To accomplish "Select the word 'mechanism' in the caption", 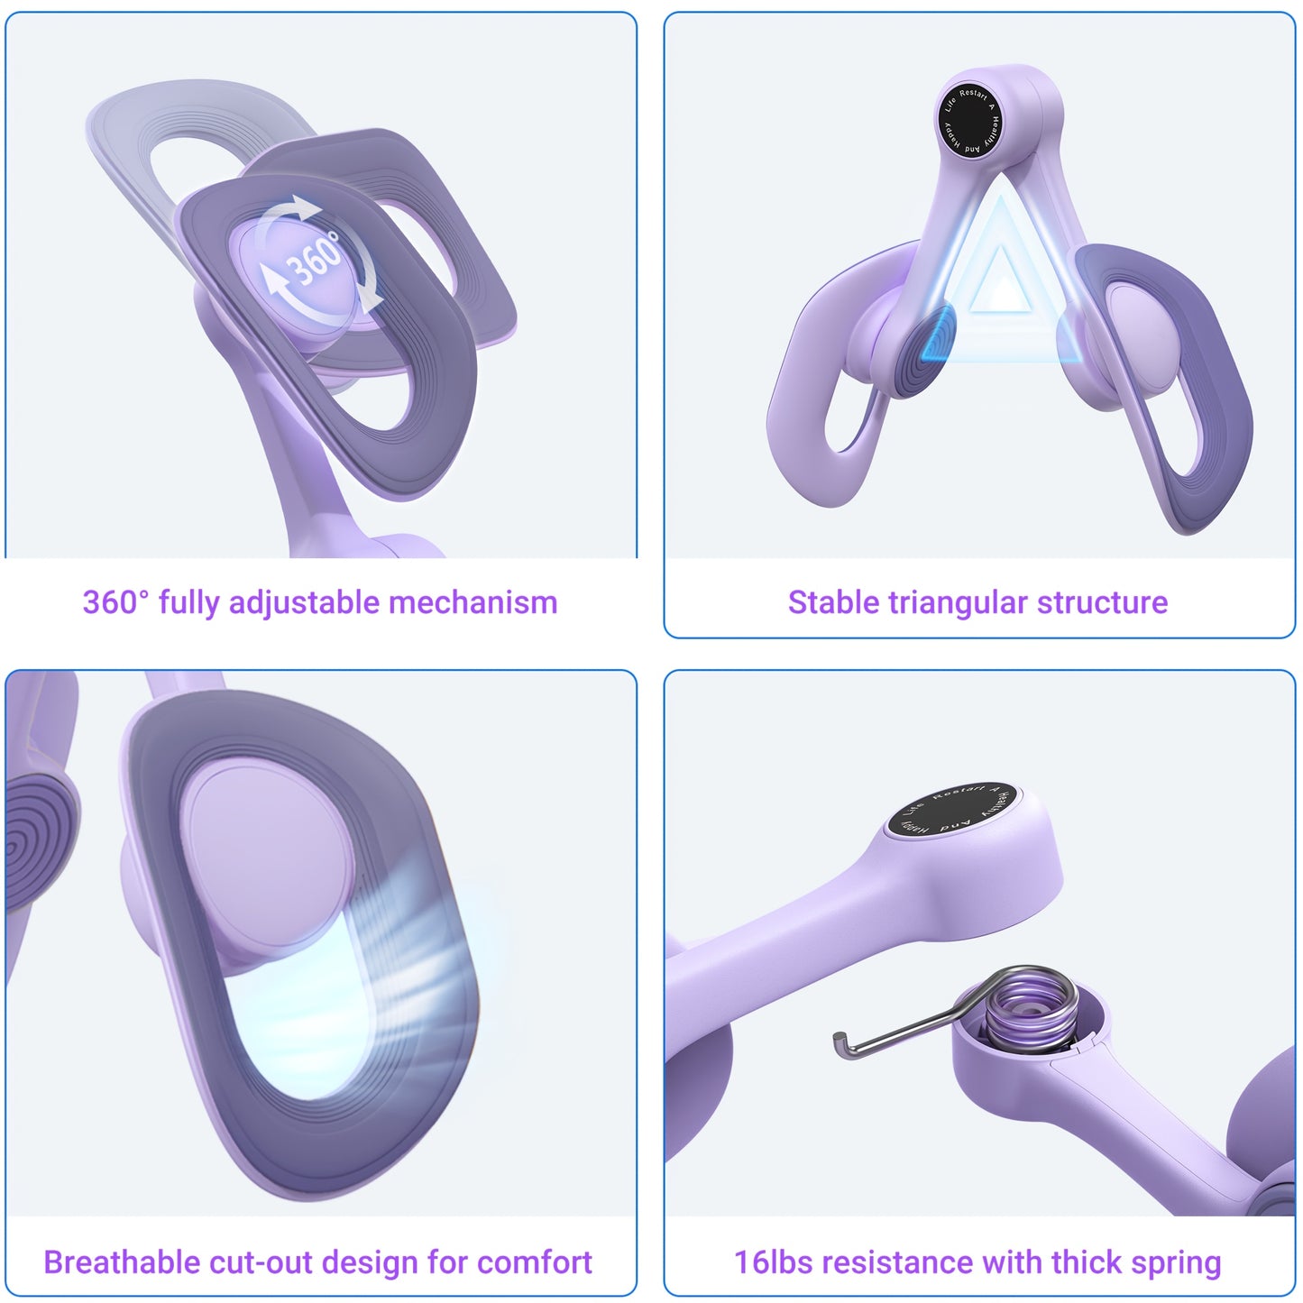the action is point(473,602).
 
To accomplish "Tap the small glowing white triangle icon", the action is point(1000,280).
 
